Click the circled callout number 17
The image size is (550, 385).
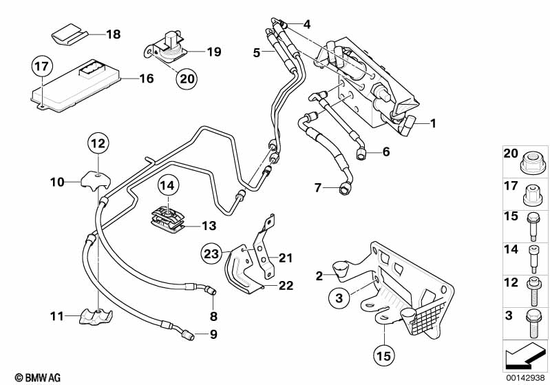(x=43, y=68)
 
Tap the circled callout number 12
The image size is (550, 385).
(x=98, y=144)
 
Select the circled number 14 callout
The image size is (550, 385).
(x=167, y=185)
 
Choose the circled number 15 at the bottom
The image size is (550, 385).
(x=384, y=356)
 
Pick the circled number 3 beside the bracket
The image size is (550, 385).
(x=339, y=298)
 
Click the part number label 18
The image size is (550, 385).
(x=113, y=33)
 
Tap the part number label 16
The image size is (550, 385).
(x=146, y=79)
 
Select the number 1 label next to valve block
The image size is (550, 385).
(x=433, y=123)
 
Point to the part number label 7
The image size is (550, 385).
(x=317, y=187)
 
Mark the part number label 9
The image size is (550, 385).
(x=213, y=335)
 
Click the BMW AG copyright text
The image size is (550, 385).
(x=33, y=377)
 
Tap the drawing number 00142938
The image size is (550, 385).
(x=526, y=377)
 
